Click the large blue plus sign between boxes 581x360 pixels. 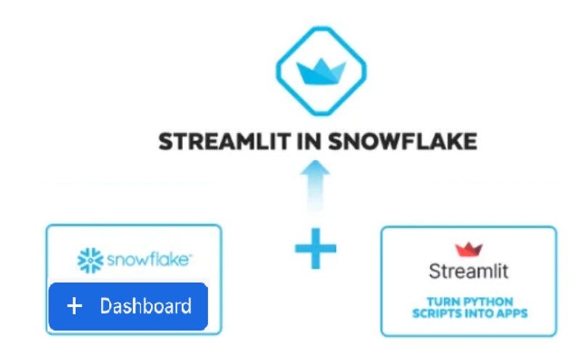tap(316, 248)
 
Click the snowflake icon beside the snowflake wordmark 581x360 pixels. tap(89, 259)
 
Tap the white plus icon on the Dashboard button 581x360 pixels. tap(74, 306)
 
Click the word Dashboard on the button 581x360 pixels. tap(145, 306)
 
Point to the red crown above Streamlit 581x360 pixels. tap(469, 249)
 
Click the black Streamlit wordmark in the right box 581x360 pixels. tap(469, 272)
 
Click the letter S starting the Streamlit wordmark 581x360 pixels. tap(434, 272)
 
